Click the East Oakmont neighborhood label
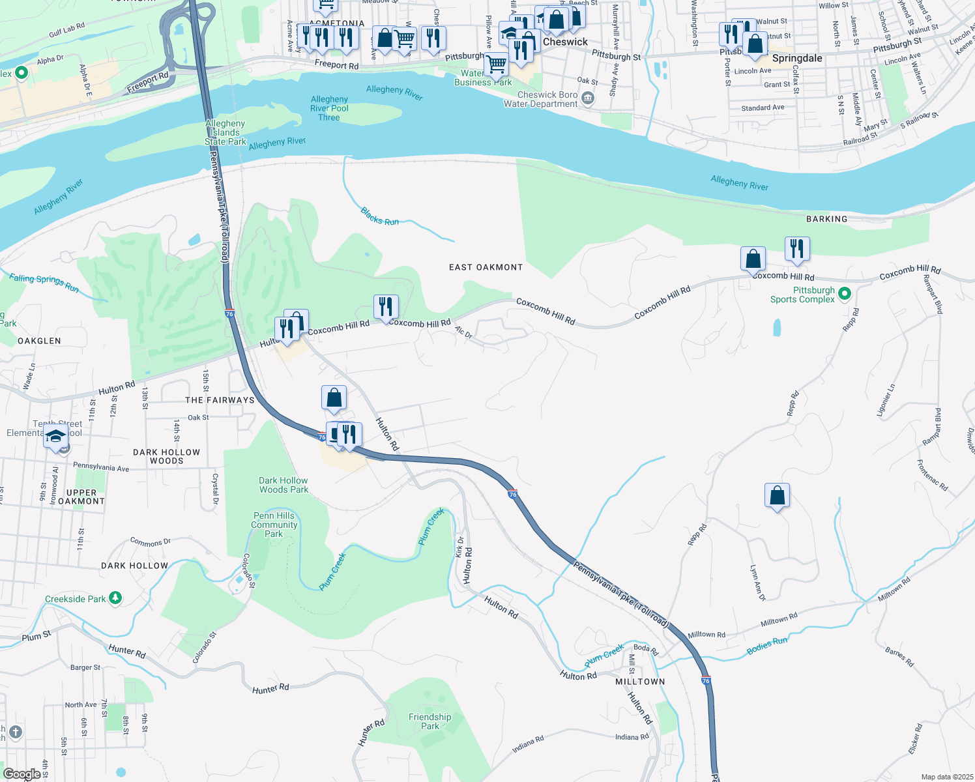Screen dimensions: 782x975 486,267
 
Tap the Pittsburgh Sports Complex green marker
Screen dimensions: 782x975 844,294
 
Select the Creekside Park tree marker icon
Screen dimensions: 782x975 115,598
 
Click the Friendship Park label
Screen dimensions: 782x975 429,721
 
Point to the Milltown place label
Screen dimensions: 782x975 640,682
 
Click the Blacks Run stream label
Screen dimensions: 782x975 379,216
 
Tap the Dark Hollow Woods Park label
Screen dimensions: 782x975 284,485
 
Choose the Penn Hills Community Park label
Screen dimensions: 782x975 274,525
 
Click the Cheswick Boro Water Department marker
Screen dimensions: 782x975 588,98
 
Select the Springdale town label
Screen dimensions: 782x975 796,58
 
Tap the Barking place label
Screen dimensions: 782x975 826,219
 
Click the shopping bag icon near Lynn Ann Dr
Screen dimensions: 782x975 777,496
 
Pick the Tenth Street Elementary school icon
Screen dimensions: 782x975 56,437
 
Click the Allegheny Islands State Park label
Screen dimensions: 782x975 226,132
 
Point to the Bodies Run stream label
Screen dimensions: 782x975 766,645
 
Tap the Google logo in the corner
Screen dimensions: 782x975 22,774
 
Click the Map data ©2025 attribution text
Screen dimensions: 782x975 947,777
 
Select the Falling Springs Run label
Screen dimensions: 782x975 44,283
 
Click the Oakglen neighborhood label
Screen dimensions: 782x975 39,341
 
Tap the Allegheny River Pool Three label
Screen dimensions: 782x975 329,108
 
